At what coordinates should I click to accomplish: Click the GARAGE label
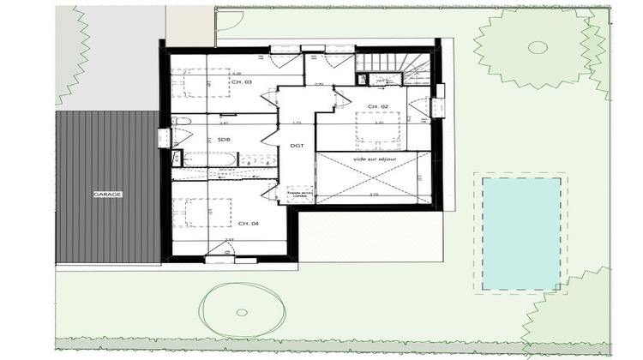108,195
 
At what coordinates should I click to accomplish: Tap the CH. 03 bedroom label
243,81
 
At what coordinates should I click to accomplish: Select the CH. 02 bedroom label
378,105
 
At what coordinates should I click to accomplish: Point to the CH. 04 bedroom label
249,223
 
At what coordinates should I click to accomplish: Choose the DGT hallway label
297,146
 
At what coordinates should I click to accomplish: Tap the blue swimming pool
521,233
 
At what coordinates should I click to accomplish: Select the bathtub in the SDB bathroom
209,159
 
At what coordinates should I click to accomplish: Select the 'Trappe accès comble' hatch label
299,197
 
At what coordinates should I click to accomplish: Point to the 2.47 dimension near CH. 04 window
229,240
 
